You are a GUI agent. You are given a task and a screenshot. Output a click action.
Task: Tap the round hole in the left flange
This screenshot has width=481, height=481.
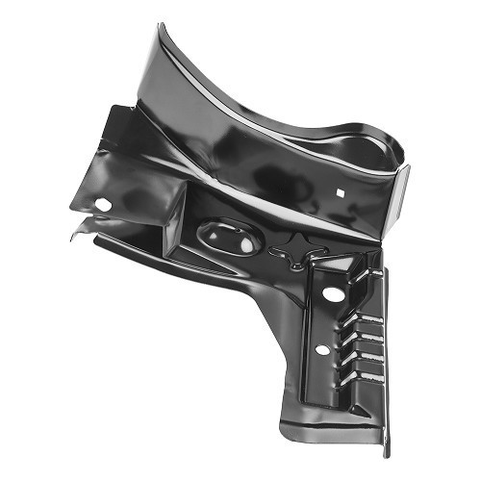(103, 204)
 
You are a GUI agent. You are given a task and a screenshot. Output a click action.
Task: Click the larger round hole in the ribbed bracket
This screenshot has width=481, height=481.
(332, 292)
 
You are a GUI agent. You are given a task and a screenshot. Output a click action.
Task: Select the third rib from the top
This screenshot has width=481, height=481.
(368, 331)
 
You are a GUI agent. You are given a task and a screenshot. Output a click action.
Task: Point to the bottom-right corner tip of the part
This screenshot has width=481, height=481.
(386, 452)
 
